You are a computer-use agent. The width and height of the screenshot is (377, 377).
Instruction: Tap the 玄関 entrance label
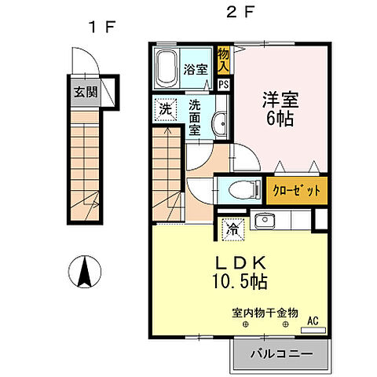point(86,92)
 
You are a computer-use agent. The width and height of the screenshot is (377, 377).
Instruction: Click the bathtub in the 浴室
point(167,69)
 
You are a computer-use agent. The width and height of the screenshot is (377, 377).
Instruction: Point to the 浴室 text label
point(196,69)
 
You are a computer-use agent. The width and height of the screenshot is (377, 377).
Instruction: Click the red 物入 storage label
point(224,59)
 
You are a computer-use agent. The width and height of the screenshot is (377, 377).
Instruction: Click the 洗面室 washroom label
point(196,118)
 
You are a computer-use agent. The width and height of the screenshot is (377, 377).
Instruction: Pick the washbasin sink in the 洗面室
point(219,121)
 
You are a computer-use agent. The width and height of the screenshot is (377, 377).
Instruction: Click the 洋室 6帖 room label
point(277,110)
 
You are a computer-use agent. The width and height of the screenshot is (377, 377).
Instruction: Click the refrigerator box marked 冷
point(233,229)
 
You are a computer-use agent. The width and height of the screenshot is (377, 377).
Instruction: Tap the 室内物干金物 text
point(265,313)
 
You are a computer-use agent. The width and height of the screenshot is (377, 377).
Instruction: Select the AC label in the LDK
point(312,320)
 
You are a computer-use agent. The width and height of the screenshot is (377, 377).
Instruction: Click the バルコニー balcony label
point(280,354)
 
